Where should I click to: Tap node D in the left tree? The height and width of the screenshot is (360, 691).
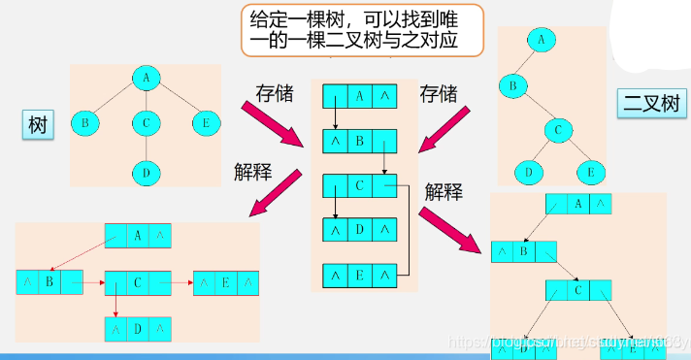coord(146,174)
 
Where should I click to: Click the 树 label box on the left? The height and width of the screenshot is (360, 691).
coord(38,125)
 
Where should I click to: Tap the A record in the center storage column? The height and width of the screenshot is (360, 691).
coord(360,96)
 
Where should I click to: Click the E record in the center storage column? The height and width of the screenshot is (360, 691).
coord(360,275)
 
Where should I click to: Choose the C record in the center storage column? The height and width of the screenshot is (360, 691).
coord(360,185)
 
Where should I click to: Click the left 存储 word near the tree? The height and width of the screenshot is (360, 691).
coord(276,93)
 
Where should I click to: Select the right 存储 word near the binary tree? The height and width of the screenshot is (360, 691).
coord(438,93)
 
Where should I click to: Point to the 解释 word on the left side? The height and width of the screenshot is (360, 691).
coord(252,172)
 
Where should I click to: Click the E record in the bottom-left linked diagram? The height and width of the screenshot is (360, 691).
coord(226,282)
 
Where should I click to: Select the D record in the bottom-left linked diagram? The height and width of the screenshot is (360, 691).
coord(138,329)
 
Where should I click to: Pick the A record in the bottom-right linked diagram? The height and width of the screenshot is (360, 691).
coord(579,204)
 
